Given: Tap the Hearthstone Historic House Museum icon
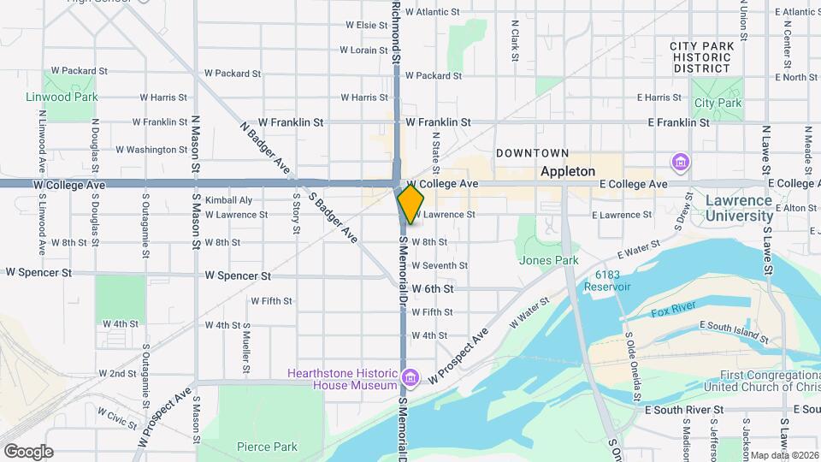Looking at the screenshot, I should [x=410, y=377].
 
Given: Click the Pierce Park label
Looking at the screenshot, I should [x=268, y=447].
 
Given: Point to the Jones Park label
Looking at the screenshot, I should [x=548, y=260].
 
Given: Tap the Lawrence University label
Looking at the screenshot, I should [x=739, y=208].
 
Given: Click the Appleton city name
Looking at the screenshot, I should [x=568, y=171].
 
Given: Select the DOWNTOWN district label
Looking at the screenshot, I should [x=532, y=153].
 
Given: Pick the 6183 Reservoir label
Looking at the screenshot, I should [x=606, y=281].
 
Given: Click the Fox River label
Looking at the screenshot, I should [x=669, y=313].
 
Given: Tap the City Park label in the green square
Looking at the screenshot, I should [x=718, y=103].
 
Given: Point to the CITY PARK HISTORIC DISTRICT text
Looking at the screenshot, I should [x=701, y=56].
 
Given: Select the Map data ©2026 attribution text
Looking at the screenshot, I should [x=784, y=454].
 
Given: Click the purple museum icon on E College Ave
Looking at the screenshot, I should [x=681, y=162].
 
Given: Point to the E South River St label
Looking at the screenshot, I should [x=684, y=410].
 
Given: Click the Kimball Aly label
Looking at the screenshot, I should [x=228, y=200].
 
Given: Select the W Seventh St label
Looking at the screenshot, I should [x=440, y=266].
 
